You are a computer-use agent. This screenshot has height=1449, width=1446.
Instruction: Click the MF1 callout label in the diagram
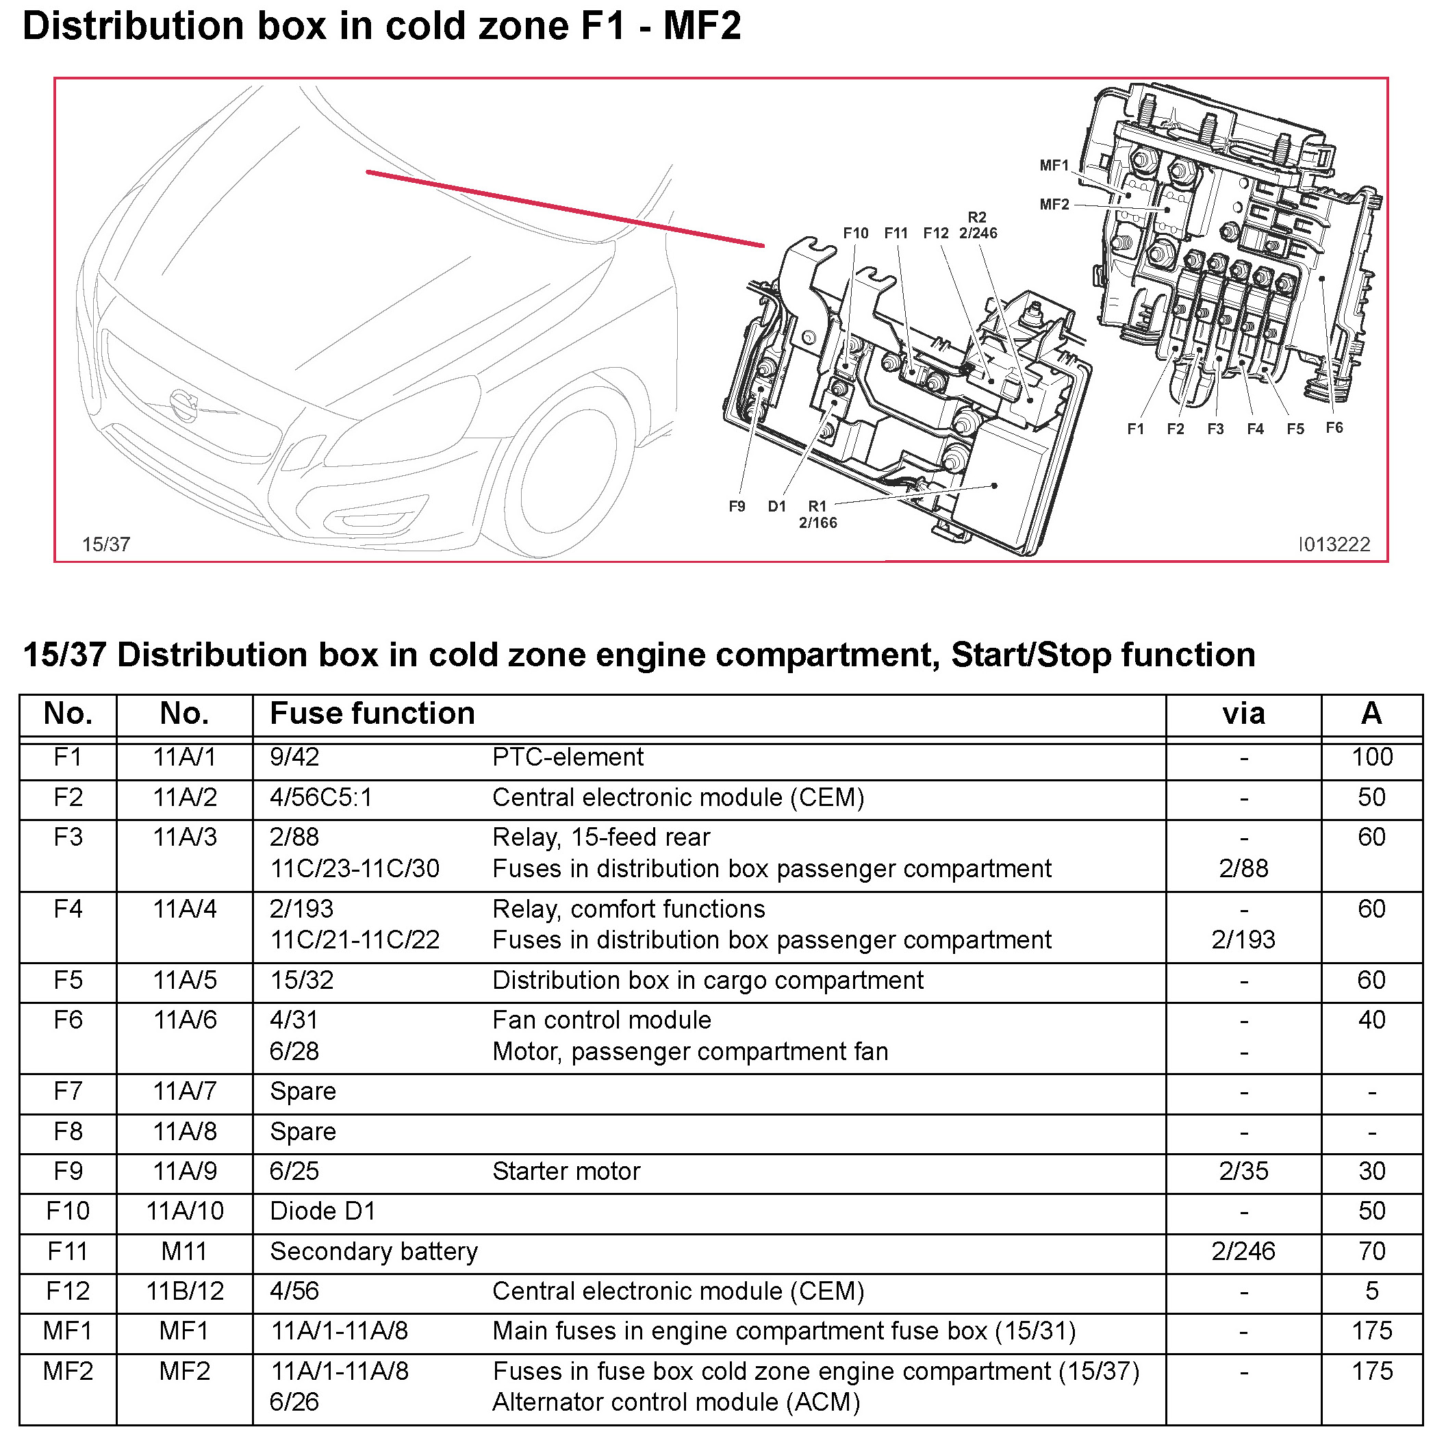[x=1053, y=165]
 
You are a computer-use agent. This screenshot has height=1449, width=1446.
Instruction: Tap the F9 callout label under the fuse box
[x=737, y=506]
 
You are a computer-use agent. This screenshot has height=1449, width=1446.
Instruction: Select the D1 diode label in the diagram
[x=776, y=506]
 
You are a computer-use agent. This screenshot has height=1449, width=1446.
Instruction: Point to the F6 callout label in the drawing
[x=1334, y=427]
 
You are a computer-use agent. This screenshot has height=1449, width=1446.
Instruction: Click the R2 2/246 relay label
[x=978, y=225]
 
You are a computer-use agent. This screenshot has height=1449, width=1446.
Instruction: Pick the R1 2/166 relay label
[x=817, y=514]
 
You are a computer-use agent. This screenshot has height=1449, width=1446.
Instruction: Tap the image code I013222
[x=1334, y=544]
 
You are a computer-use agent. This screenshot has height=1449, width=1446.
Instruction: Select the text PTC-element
[x=568, y=757]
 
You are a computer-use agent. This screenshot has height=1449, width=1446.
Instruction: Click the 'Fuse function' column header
[x=372, y=714]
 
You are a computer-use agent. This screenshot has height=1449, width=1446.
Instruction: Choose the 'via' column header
[x=1243, y=714]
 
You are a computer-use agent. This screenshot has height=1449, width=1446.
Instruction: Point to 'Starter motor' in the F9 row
[x=566, y=1172]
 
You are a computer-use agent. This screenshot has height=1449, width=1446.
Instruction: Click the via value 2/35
[x=1243, y=1172]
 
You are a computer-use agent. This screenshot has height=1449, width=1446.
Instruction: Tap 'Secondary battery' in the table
[x=374, y=1252]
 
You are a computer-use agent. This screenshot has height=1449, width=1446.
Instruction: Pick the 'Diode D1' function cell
[x=322, y=1211]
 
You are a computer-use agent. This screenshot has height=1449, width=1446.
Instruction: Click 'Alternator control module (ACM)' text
[x=676, y=1402]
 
